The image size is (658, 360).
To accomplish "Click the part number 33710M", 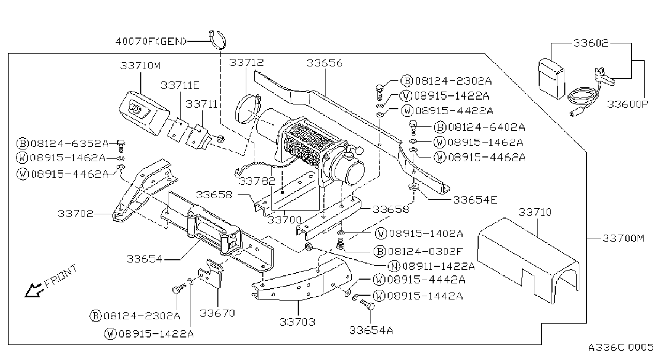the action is [x=140, y=65].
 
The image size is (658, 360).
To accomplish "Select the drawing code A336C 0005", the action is [x=621, y=347].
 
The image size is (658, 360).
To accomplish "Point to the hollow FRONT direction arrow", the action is [x=33, y=290].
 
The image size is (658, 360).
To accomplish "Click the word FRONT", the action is [x=61, y=276].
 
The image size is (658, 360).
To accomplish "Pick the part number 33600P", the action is [x=627, y=104].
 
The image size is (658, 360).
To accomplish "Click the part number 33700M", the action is [x=623, y=238].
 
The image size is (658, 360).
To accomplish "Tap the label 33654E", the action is [x=475, y=200].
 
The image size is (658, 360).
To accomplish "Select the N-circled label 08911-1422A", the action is [x=432, y=266].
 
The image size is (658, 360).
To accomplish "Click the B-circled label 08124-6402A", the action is [x=480, y=127].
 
